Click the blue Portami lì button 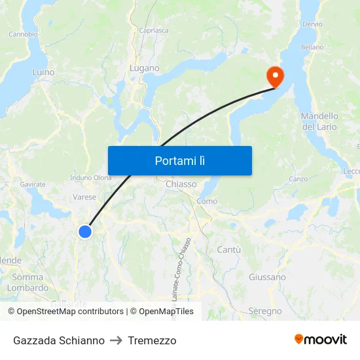[179, 160]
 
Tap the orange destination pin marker [274, 77]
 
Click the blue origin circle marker [85, 231]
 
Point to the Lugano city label [144, 68]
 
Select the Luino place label [43, 72]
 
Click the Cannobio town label [23, 34]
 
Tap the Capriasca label [154, 30]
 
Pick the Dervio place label [312, 24]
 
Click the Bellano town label [312, 47]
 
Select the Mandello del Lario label [319, 121]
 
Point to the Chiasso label [181, 185]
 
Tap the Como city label [207, 201]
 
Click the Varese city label [84, 196]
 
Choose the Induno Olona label [91, 177]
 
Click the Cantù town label [228, 249]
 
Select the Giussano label [267, 277]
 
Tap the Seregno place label [265, 311]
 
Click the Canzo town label [298, 179]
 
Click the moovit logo [320, 339]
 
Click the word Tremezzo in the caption [152, 340]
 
